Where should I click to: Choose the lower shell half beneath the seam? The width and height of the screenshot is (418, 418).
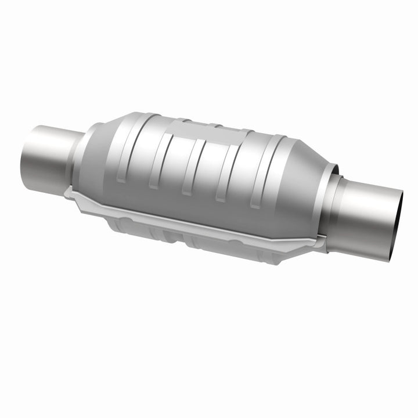tap(192, 235)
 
